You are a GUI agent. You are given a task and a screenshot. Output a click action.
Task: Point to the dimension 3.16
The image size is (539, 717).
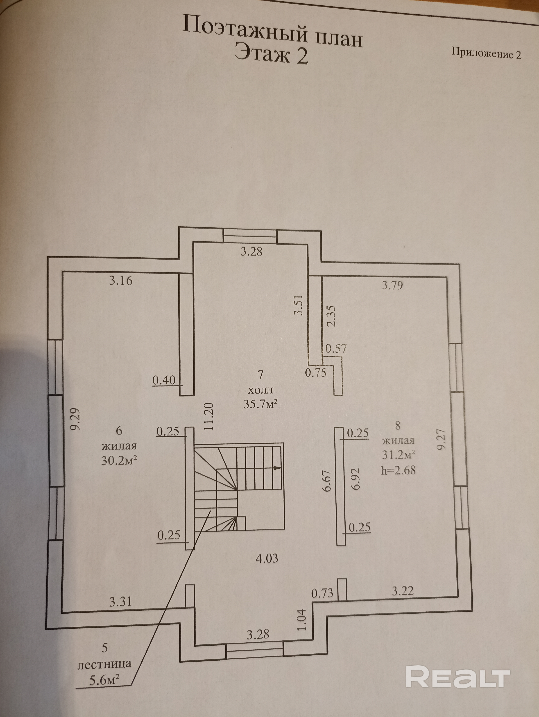click(x=121, y=280)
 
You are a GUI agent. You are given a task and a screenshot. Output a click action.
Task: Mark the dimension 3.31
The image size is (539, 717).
click(x=120, y=602)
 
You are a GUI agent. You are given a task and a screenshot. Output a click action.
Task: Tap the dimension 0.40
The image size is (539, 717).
click(x=164, y=380)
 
